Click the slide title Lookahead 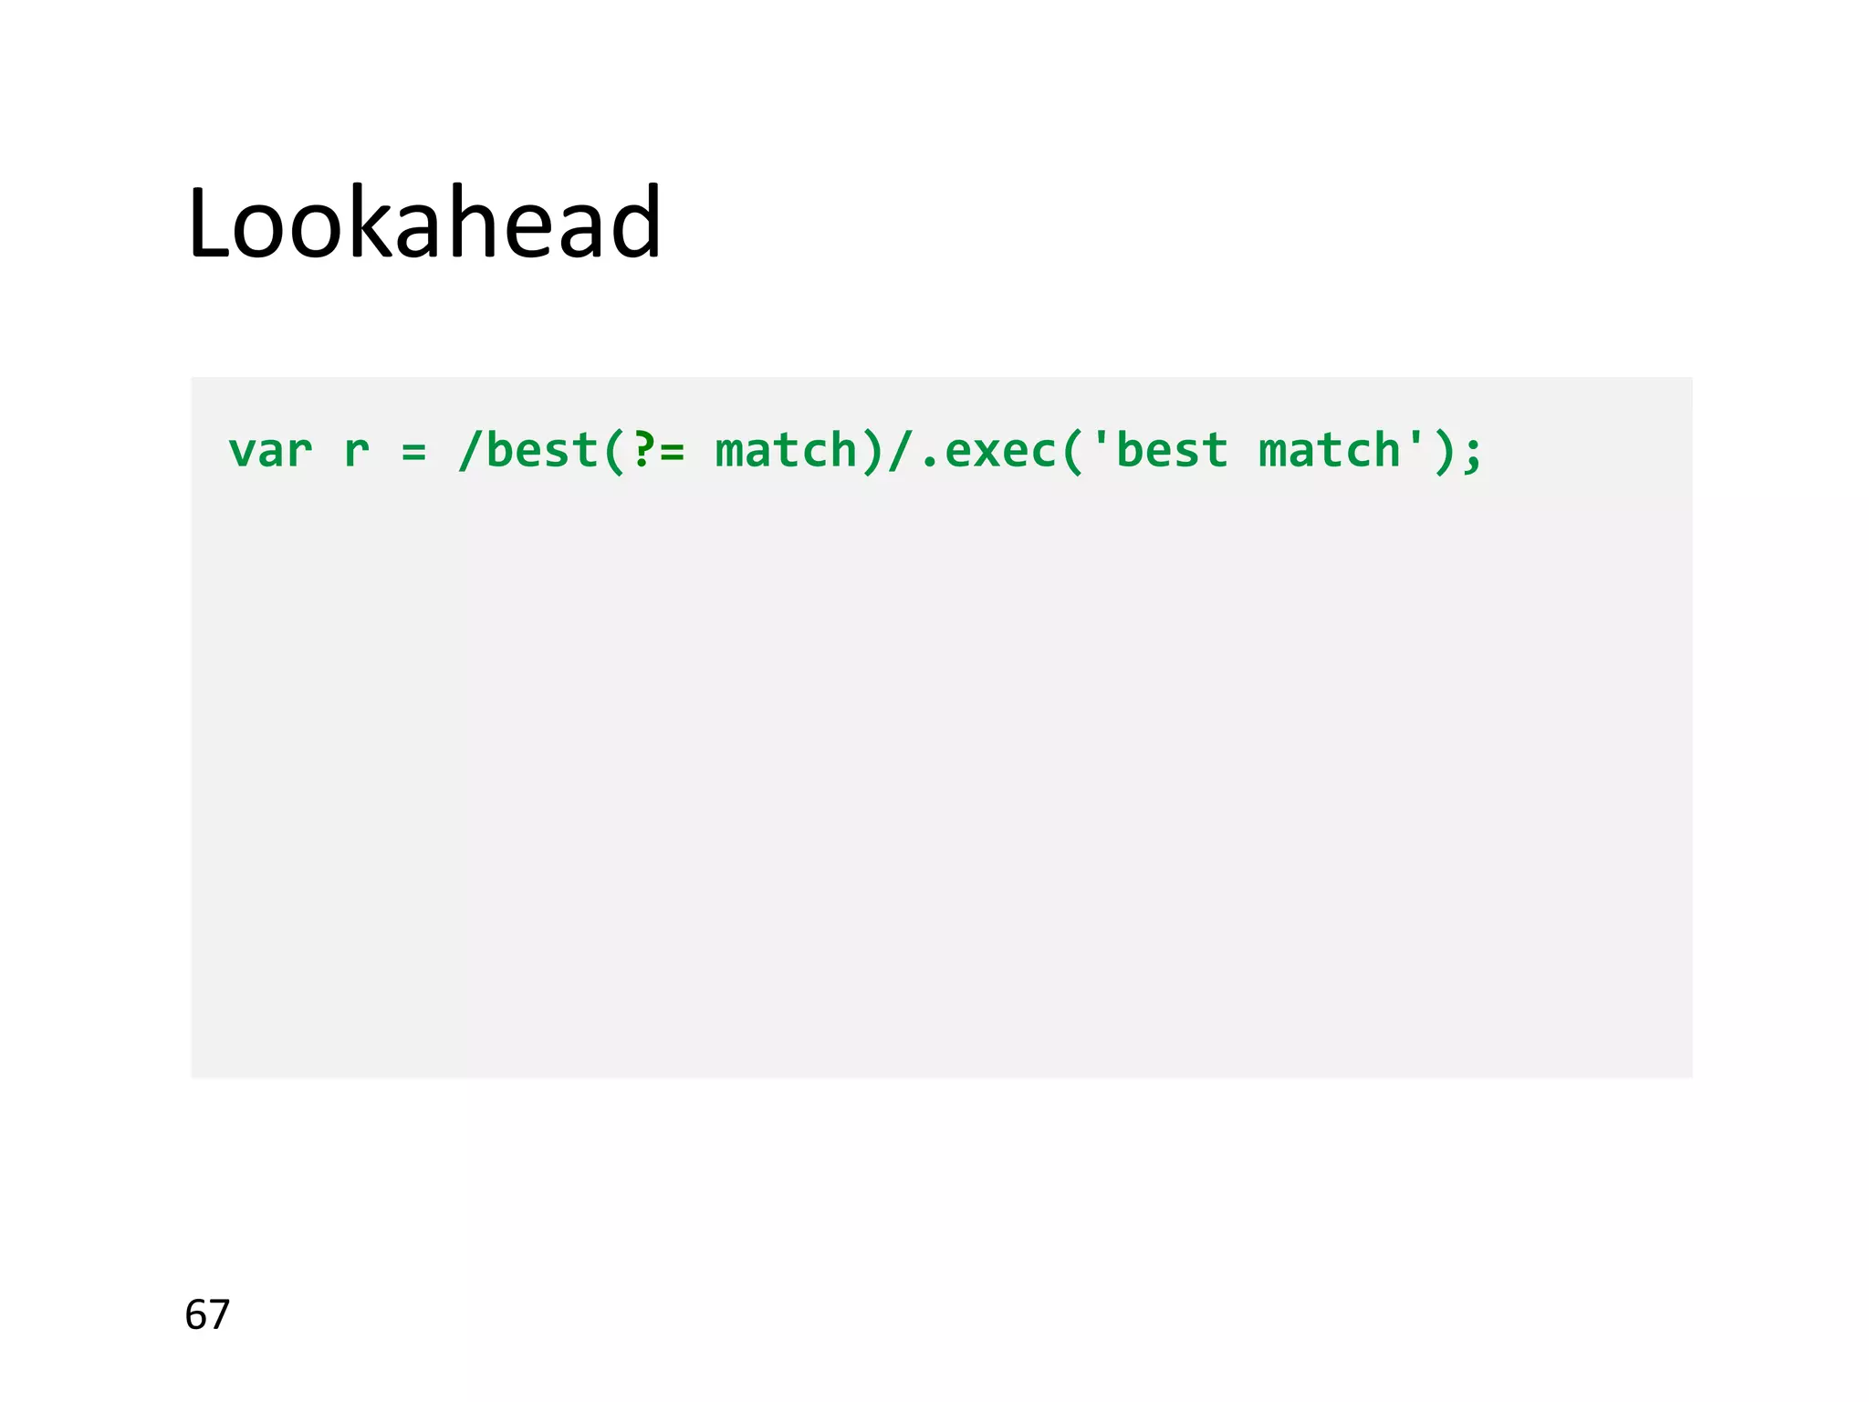(424, 224)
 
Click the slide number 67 (207, 1314)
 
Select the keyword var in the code (270, 451)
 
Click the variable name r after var (356, 451)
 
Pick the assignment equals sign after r (413, 451)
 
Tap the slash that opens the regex (470, 451)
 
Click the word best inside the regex (542, 451)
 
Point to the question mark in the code (643, 451)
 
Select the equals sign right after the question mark (673, 451)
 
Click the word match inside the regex (786, 451)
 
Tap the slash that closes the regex (900, 451)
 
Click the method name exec (1000, 451)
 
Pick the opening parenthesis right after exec (1072, 451)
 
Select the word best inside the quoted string (1172, 451)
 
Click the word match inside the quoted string (1330, 451)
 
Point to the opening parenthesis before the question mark (614, 451)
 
